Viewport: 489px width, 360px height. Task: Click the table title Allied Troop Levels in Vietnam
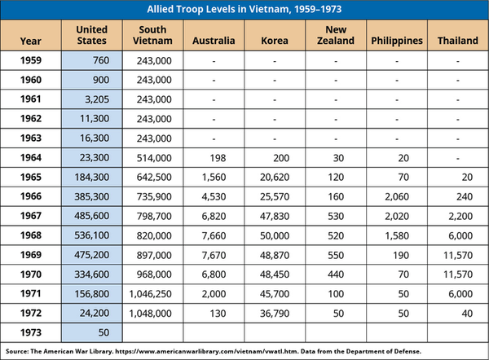(244, 10)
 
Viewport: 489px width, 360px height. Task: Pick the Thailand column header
(457, 39)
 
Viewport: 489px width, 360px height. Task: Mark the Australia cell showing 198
(214, 157)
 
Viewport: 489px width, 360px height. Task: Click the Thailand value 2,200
(457, 216)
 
